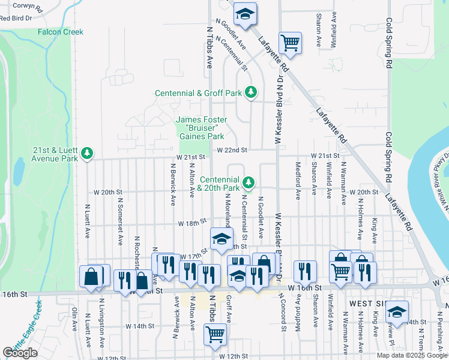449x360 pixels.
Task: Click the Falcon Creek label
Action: (x=61, y=32)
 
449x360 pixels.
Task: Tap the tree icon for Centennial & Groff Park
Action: (x=252, y=93)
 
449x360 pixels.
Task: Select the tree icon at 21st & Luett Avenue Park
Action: (x=88, y=153)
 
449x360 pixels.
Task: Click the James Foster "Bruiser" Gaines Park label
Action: (x=196, y=128)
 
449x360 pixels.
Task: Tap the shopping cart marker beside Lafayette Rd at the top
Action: (x=290, y=43)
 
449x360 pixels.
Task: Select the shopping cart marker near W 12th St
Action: (x=215, y=334)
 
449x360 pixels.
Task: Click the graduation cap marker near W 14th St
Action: (x=396, y=311)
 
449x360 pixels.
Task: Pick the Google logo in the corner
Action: (x=20, y=353)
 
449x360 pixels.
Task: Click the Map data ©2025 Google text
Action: (x=412, y=355)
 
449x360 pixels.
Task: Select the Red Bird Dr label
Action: (x=16, y=19)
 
